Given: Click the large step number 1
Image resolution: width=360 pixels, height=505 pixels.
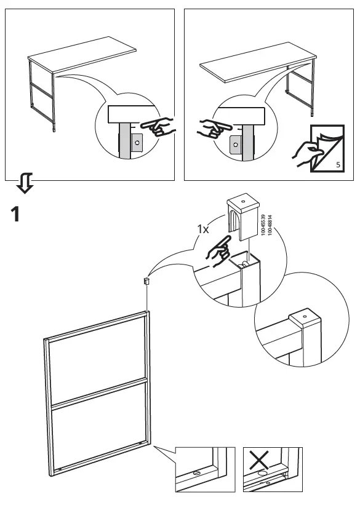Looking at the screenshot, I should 18,215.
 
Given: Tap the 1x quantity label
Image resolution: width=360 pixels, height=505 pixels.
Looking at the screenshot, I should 203,229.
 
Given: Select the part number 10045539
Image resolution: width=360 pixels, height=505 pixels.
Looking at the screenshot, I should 263,226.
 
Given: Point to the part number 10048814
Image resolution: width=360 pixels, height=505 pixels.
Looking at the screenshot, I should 270,226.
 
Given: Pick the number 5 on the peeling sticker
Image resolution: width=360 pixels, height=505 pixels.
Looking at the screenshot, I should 338,165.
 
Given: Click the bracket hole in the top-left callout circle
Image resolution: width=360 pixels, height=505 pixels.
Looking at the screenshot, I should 138,142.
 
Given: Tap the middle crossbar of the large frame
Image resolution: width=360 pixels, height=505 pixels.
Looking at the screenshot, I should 98,394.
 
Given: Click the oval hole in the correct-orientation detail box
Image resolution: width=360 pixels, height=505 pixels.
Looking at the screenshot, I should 196,474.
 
